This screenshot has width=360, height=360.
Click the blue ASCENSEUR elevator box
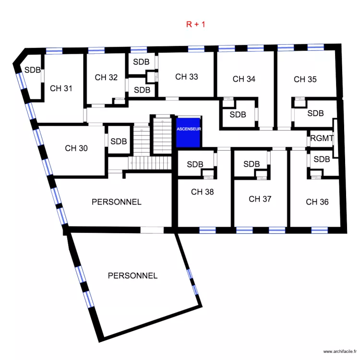point(189,132)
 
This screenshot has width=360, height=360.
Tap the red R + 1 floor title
point(196,24)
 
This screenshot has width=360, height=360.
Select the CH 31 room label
point(61,88)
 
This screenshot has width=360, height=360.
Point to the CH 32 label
point(106,77)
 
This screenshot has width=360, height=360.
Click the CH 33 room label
point(186,77)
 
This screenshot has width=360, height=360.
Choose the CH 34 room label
point(244,79)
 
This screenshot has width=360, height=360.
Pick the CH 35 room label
point(305,79)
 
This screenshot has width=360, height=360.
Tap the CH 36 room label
point(317,202)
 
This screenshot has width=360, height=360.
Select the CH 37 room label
point(260,199)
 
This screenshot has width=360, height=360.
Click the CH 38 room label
point(202,192)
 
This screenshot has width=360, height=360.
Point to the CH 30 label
point(76,148)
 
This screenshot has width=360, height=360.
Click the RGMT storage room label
point(322,139)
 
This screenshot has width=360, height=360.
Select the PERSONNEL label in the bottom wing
point(132,276)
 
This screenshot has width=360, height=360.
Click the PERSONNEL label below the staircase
point(117,202)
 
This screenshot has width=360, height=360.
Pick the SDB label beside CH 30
point(119,142)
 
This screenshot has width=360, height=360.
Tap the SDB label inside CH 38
point(195,164)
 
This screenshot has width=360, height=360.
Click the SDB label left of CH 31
point(33,70)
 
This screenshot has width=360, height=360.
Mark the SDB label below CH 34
point(238,115)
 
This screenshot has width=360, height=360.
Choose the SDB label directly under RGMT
point(321,159)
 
